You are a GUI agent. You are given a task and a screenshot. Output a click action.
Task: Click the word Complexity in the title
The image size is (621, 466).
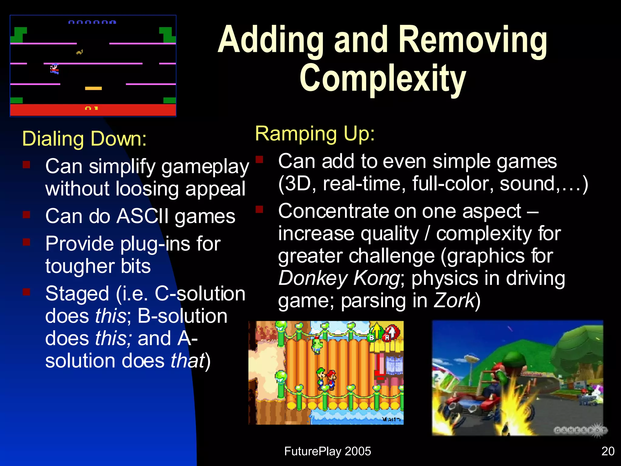pos(383,78)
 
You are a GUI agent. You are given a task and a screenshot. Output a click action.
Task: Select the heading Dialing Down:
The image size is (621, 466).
pos(84,139)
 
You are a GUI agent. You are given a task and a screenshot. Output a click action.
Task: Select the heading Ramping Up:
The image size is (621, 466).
pos(315,133)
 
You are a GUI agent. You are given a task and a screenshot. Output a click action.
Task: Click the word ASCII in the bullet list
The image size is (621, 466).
pos(143,216)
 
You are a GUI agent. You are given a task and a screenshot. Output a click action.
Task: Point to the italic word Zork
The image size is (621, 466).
pos(454,301)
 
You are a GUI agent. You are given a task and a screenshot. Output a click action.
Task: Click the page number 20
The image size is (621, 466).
pos(608,451)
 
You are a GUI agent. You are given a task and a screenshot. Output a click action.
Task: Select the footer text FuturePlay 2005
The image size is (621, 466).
pos(327,451)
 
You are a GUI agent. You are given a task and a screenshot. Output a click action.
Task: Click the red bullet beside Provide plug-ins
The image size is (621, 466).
pos(27,242)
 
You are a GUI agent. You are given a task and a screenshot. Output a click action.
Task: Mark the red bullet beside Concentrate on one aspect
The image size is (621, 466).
pos(259,209)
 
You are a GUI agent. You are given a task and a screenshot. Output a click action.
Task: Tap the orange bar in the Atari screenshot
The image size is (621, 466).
pos(93,88)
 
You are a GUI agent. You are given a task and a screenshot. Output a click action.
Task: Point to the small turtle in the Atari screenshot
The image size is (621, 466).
pos(79,52)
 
